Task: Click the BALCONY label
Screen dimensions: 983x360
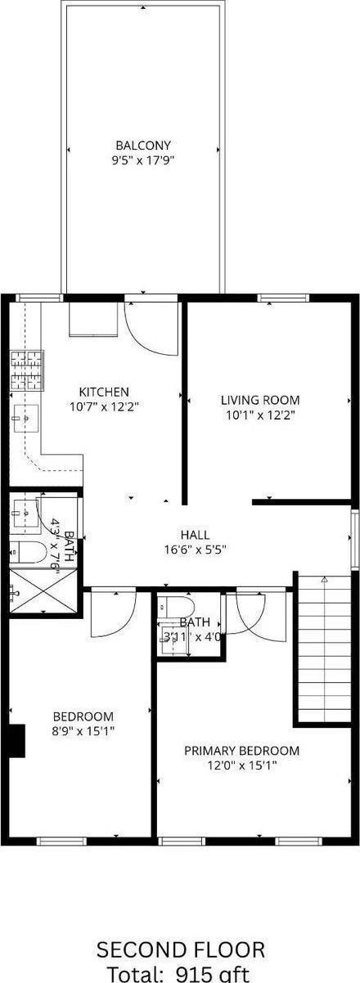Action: point(142,146)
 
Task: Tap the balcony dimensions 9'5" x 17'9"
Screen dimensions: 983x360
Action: point(142,160)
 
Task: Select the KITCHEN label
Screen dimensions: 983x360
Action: point(103,392)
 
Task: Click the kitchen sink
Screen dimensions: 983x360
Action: point(25,420)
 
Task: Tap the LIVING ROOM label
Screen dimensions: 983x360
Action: point(259,400)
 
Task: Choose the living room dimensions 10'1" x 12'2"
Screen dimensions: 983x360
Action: point(259,415)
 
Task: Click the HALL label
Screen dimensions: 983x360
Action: point(194,535)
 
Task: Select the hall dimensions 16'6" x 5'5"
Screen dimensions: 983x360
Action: point(194,550)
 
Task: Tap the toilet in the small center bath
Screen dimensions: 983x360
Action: point(176,607)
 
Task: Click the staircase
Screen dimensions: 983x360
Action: point(325,646)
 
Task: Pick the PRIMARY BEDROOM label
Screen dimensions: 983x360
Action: point(241,750)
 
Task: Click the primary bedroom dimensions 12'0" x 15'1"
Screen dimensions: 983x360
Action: point(241,765)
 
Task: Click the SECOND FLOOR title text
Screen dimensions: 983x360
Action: point(180,949)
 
